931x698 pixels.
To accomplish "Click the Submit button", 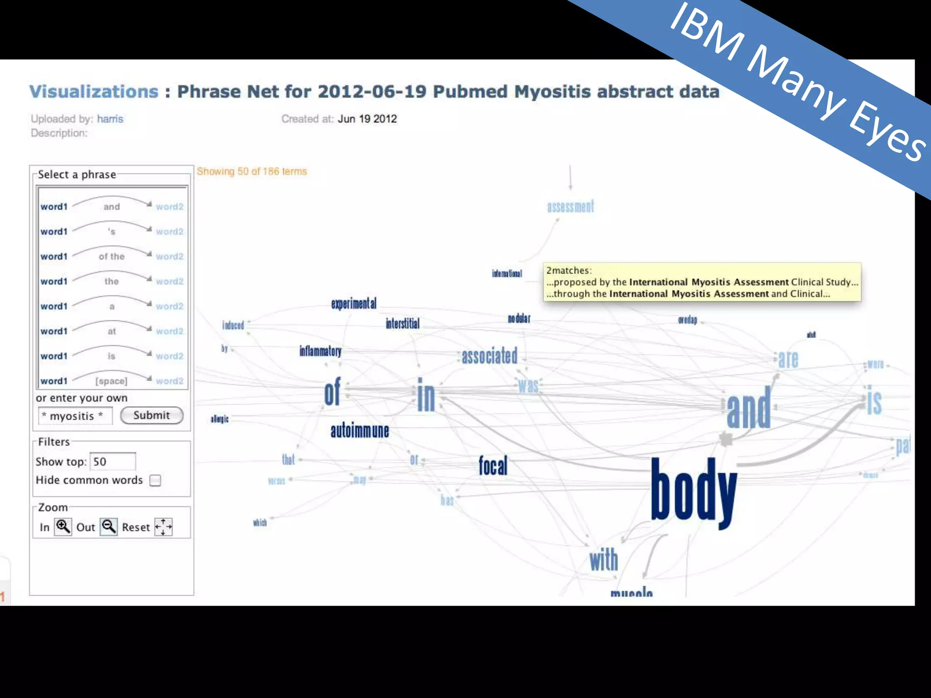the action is pyautogui.click(x=152, y=415).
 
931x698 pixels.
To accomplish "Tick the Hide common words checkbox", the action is pyautogui.click(x=155, y=480).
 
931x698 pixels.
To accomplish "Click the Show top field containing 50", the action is pyautogui.click(x=112, y=462).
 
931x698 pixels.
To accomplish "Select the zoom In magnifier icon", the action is pyautogui.click(x=63, y=527).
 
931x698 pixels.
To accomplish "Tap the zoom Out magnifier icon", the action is pyautogui.click(x=109, y=527).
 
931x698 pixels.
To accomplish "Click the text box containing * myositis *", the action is pyautogui.click(x=75, y=416).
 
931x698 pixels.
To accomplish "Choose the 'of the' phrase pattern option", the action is pyautogui.click(x=111, y=256).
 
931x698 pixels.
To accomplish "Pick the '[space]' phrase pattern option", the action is pyautogui.click(x=111, y=381).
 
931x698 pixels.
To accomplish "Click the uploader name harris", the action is pyautogui.click(x=110, y=119).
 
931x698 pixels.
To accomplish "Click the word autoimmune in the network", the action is pyautogui.click(x=360, y=431).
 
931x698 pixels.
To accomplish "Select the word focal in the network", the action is pyautogui.click(x=493, y=466).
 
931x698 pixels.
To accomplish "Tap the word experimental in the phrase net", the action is pyautogui.click(x=354, y=304).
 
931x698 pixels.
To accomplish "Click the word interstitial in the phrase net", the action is pyautogui.click(x=402, y=324).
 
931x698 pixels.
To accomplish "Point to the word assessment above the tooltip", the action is pyautogui.click(x=571, y=207).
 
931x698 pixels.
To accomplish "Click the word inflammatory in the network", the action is pyautogui.click(x=320, y=351).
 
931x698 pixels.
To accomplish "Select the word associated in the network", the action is pyautogui.click(x=490, y=356).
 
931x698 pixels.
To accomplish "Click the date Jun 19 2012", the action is pyautogui.click(x=367, y=119).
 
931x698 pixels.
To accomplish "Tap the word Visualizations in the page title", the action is pyautogui.click(x=94, y=92).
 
